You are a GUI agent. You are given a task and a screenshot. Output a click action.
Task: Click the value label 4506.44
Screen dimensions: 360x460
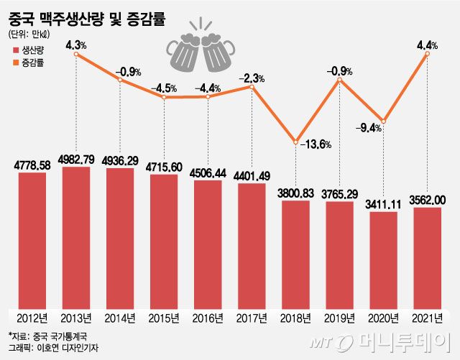[208, 172]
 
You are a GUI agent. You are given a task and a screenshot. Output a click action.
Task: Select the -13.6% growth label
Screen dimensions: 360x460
[316, 144]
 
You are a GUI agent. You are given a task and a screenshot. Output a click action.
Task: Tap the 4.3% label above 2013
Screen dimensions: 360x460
[76, 45]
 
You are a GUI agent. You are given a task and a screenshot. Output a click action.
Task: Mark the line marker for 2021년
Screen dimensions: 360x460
[428, 54]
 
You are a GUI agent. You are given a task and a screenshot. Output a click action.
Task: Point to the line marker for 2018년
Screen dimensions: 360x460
[296, 142]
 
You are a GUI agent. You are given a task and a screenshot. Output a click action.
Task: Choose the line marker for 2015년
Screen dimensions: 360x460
[164, 96]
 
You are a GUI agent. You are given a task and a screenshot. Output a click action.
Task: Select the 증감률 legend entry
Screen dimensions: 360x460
[29, 63]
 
